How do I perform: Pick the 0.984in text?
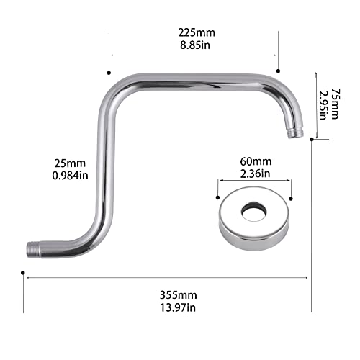point(66,174)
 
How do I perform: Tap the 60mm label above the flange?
point(255,163)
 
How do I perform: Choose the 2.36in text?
point(255,174)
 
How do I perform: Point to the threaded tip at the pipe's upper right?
point(292,132)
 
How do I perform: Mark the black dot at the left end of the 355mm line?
point(24,275)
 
